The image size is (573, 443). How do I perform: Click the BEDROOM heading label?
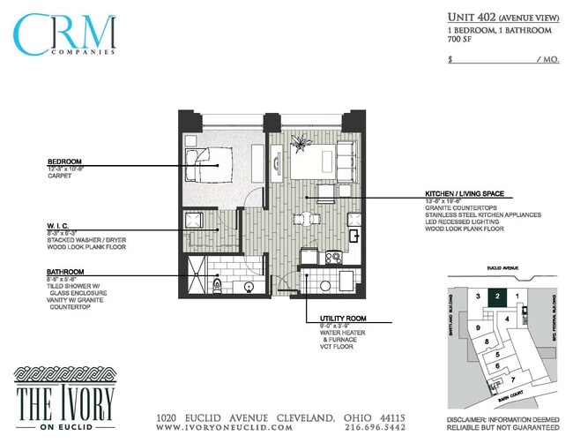click(65, 161)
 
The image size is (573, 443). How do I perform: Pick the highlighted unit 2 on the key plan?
click(498, 297)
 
